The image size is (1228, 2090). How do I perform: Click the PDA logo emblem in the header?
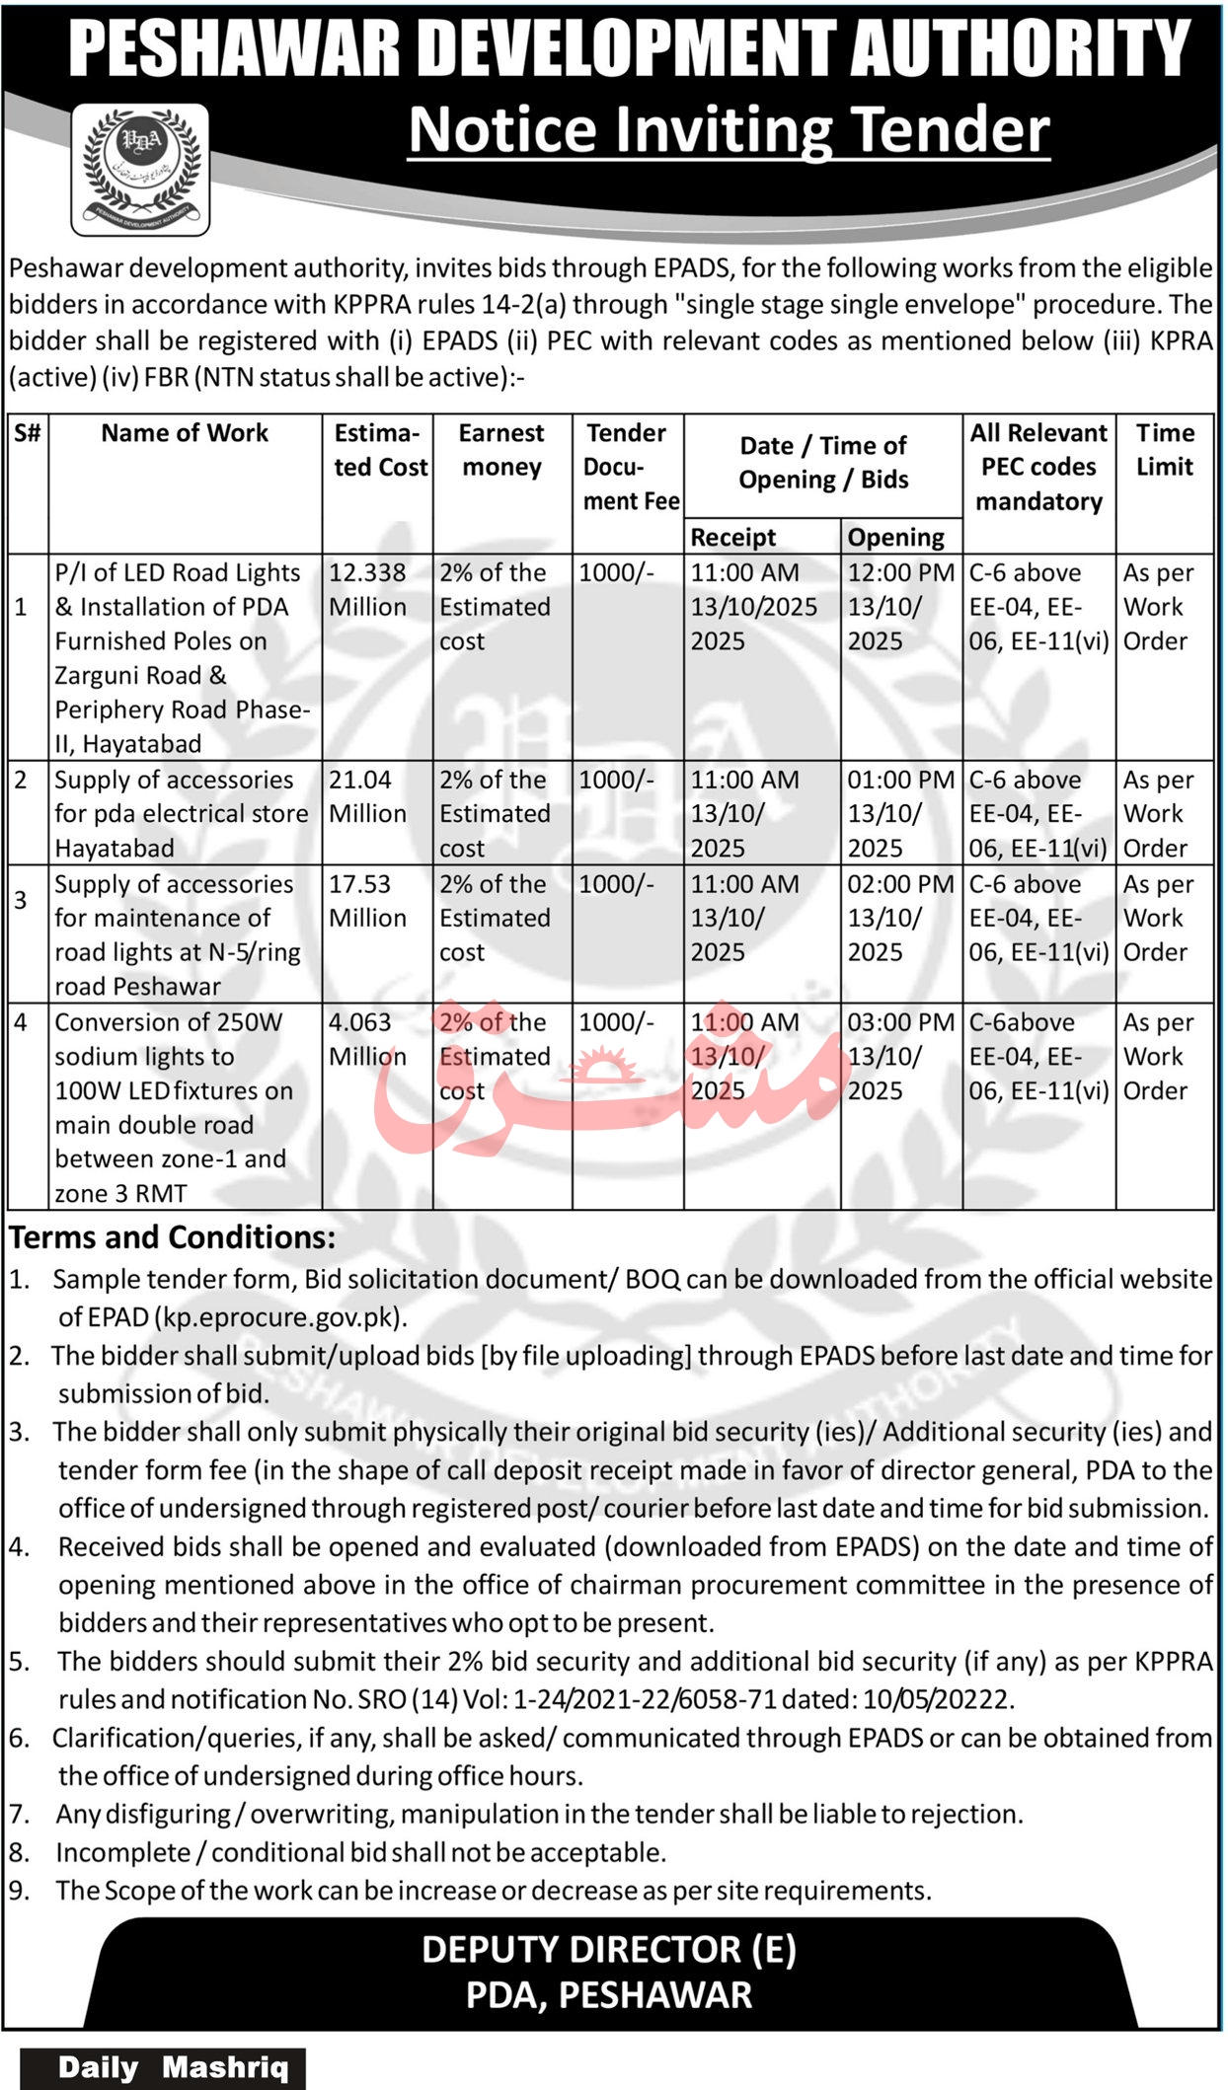coord(140,169)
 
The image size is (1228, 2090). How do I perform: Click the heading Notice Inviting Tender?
coord(729,130)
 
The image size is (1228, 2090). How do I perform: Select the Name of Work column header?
coord(185,433)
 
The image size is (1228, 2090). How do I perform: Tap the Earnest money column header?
coord(501,450)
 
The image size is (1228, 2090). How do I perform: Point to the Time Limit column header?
coord(1165,450)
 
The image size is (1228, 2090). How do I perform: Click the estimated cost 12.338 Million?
coord(367,590)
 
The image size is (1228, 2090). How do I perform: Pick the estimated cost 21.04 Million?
coord(367,796)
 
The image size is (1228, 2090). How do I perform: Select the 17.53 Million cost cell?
coord(367,901)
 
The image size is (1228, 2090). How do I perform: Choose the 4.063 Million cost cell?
coord(367,1039)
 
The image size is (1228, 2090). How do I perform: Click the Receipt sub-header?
coord(732,538)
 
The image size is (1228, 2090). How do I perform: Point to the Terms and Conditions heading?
coord(173,1237)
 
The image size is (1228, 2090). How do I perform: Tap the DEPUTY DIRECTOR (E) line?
coord(608,1950)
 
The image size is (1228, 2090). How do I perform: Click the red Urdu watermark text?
coord(612,1085)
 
